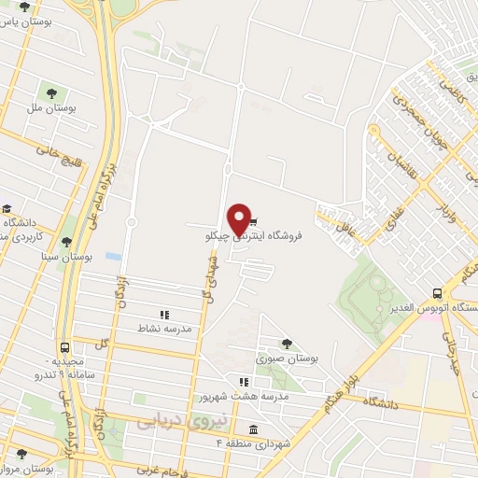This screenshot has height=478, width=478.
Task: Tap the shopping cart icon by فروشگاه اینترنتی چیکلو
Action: [255, 223]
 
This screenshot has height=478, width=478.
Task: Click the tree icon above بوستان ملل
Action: [50, 93]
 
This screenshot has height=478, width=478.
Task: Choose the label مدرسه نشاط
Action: [165, 329]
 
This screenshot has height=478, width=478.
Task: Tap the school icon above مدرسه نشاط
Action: [165, 316]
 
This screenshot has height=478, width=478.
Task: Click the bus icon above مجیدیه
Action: [64, 347]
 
